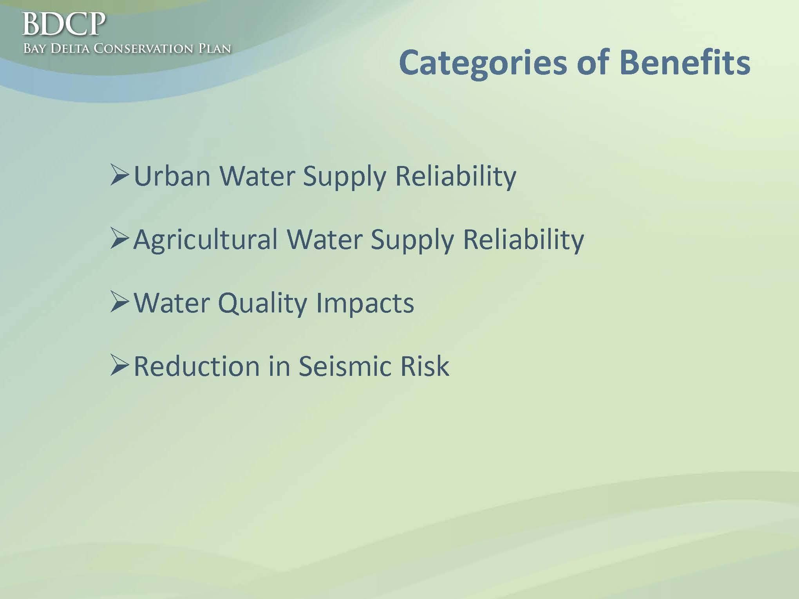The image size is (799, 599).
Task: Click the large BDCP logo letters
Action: [64, 24]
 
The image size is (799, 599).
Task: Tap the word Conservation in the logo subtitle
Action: [143, 49]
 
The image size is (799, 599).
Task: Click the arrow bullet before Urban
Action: [119, 175]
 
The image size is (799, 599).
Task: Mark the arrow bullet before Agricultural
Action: [119, 239]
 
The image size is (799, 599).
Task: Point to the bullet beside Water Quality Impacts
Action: [119, 302]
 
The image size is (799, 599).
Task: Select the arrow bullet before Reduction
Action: [119, 366]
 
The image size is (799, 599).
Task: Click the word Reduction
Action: [197, 366]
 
